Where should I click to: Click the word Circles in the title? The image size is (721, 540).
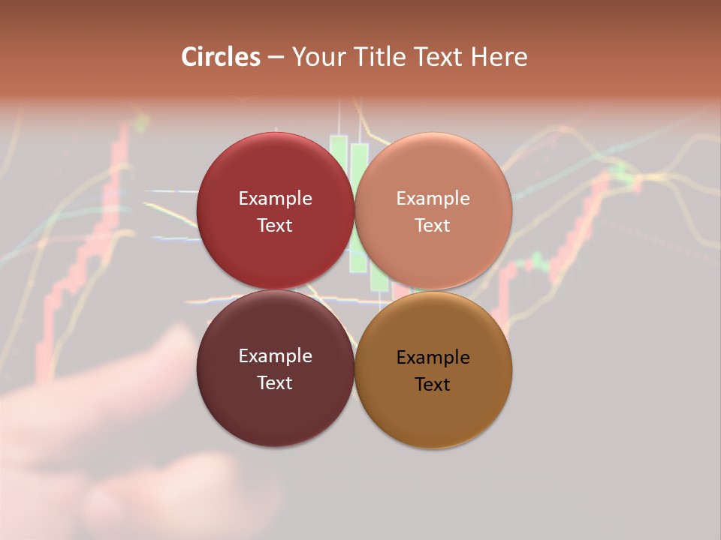pos(221,57)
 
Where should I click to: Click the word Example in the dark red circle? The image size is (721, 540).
pos(276,199)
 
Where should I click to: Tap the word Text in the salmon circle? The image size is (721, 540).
pos(433,226)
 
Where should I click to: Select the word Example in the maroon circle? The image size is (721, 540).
pos(276,356)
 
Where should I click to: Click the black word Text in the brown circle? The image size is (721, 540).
pos(433,385)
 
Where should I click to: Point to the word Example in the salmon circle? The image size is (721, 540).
pos(433,199)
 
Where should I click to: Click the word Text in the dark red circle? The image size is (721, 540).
pos(275,226)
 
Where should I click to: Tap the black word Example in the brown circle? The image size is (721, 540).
pos(433,358)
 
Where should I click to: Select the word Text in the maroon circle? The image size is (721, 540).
pos(275,383)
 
